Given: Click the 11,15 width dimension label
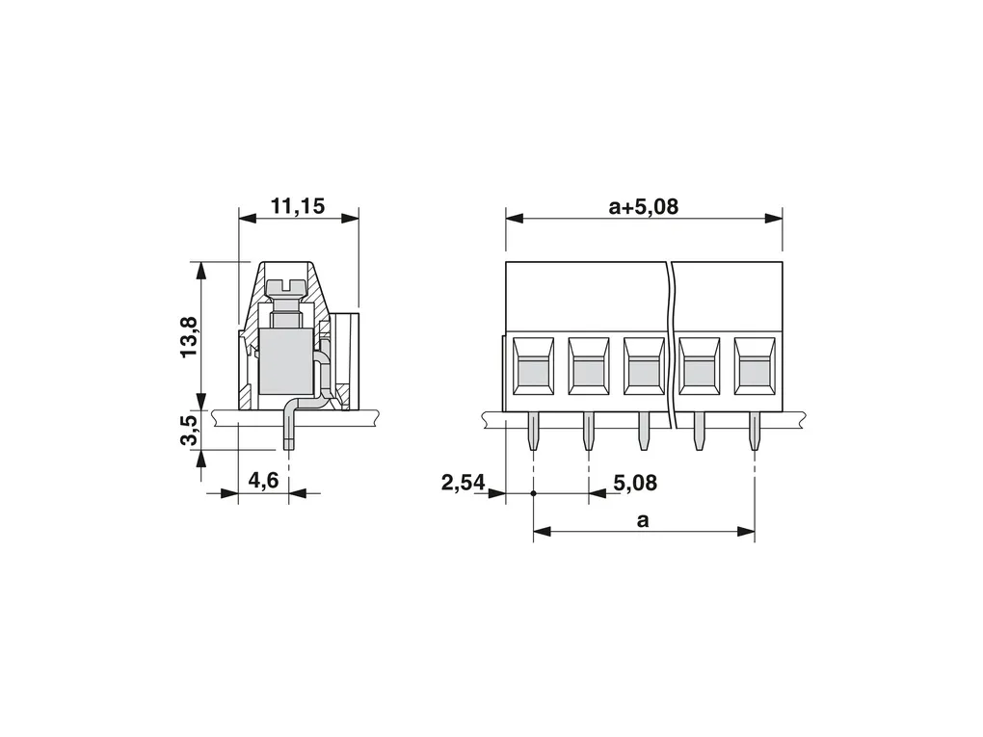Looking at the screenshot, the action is click(298, 206).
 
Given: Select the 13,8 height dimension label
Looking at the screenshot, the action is click(189, 336).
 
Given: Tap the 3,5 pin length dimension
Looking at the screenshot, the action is click(189, 430).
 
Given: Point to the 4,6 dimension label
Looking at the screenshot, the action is click(263, 482).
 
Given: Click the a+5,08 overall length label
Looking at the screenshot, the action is click(643, 206).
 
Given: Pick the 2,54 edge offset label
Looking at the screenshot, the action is click(464, 483).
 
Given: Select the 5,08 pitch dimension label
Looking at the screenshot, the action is click(635, 483).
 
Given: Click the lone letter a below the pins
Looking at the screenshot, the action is click(643, 520).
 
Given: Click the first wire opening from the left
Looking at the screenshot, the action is click(533, 366).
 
